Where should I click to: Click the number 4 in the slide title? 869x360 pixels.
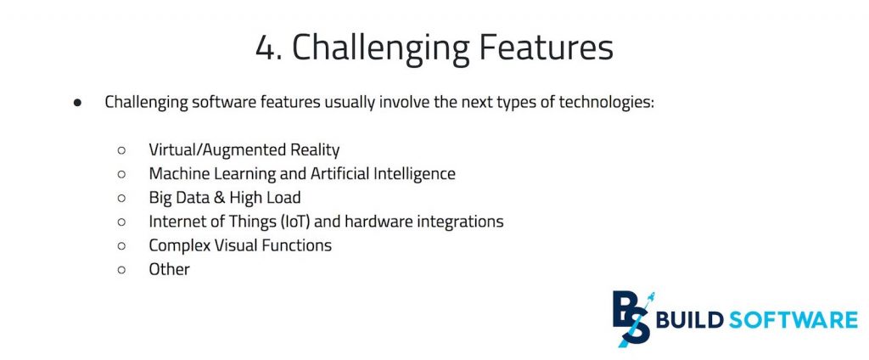pyautogui.click(x=265, y=48)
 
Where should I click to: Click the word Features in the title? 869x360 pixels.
pyautogui.click(x=541, y=48)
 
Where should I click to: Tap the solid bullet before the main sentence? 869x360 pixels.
pyautogui.click(x=77, y=103)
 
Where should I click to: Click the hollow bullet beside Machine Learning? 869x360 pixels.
pyautogui.click(x=121, y=174)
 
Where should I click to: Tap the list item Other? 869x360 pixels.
pyautogui.click(x=169, y=269)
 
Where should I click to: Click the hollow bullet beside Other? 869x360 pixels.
pyautogui.click(x=121, y=270)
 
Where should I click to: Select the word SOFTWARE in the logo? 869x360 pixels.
pyautogui.click(x=793, y=321)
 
